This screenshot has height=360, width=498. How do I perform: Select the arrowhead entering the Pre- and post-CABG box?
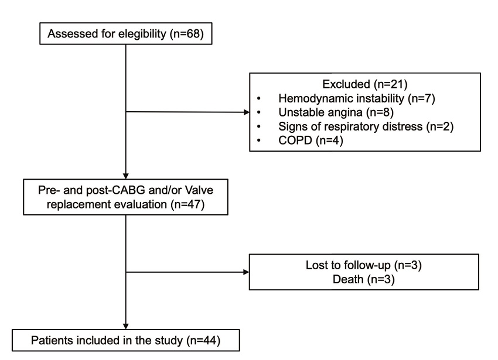126,176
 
